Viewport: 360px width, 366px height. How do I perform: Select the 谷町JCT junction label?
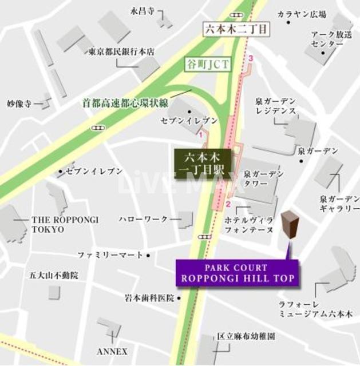click(x=208, y=64)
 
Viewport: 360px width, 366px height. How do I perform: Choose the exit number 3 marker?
click(x=250, y=58)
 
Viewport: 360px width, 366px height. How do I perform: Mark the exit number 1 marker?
click(x=200, y=135)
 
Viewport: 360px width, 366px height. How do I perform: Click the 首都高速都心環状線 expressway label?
click(x=125, y=104)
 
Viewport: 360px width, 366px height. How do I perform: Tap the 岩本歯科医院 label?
click(x=149, y=298)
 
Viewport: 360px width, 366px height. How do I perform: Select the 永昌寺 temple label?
click(x=143, y=10)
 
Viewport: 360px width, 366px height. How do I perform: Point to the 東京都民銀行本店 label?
click(x=122, y=51)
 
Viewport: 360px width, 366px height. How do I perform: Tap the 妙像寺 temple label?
click(x=18, y=104)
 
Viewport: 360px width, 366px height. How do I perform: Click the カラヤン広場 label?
click(x=302, y=14)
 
